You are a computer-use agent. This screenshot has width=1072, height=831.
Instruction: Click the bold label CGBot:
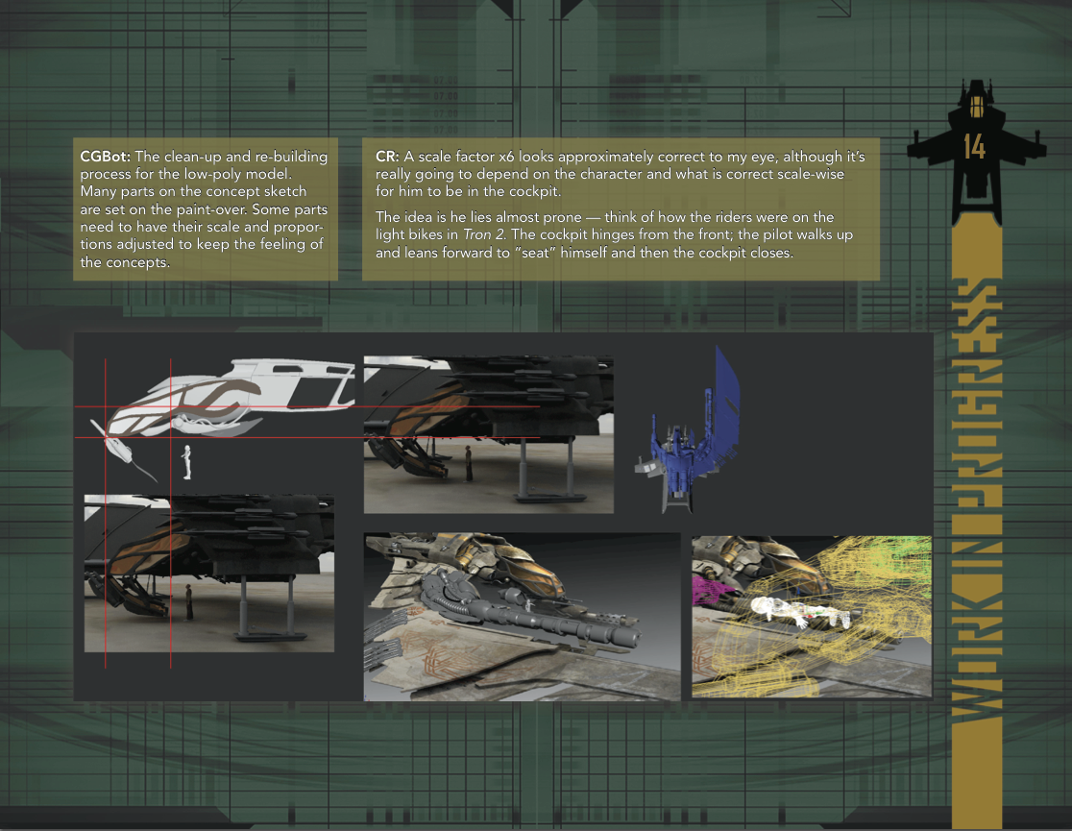click(106, 157)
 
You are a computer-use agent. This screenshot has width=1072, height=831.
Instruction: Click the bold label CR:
click(387, 157)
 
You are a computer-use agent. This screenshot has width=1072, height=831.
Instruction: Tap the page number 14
click(974, 146)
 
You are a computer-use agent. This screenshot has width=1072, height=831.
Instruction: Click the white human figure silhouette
click(186, 462)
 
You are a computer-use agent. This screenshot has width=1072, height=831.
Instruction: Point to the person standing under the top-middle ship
click(469, 463)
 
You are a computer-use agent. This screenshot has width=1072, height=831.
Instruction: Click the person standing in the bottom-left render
click(188, 602)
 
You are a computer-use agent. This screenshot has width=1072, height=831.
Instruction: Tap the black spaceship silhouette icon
click(976, 152)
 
